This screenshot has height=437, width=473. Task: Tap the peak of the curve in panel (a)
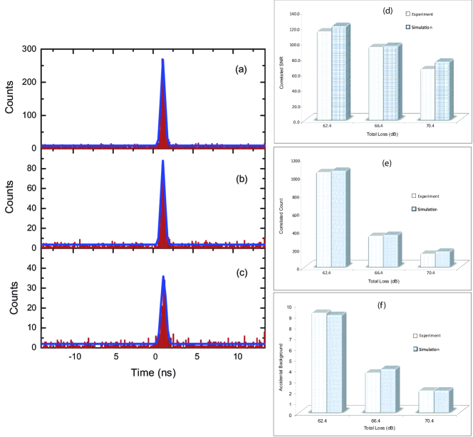coord(163,60)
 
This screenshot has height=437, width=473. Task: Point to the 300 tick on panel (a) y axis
coord(28,48)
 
